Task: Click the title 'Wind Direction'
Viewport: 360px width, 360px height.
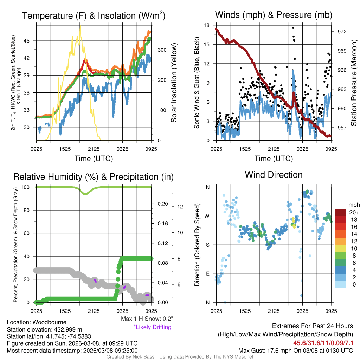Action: click(274, 175)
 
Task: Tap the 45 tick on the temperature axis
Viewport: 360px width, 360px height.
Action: click(29, 41)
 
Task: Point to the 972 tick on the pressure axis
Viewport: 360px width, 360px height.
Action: click(342, 32)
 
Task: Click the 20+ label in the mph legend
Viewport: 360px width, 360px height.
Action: click(354, 212)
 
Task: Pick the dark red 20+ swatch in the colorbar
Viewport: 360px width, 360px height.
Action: click(341, 212)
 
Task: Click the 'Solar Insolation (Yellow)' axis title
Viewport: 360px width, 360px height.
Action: click(174, 83)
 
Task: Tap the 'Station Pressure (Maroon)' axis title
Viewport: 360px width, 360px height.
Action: click(354, 83)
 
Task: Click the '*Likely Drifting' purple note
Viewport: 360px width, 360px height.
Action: click(152, 327)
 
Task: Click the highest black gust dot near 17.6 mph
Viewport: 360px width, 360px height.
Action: click(293, 28)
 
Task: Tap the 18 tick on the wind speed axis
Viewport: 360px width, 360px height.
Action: click(207, 25)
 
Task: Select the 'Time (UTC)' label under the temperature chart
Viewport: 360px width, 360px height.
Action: click(94, 159)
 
